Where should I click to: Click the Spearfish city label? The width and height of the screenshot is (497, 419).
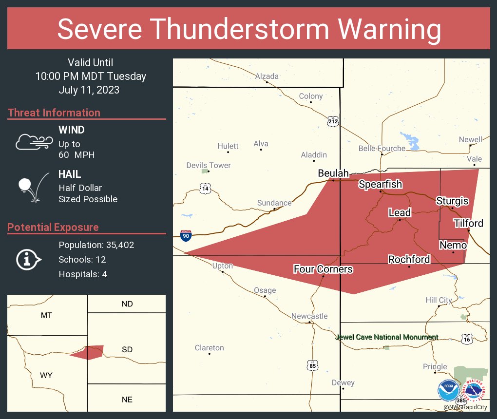(x=381, y=184)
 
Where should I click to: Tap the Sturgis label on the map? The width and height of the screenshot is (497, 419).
(x=452, y=201)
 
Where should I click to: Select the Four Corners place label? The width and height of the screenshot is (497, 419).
(x=323, y=269)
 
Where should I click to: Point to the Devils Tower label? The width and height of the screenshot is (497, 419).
(x=209, y=166)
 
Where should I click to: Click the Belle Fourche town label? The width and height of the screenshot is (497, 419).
(x=382, y=149)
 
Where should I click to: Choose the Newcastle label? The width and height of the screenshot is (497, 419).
(x=309, y=316)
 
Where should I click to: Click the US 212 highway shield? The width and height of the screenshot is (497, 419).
(x=333, y=121)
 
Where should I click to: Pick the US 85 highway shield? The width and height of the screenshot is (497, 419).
(x=313, y=364)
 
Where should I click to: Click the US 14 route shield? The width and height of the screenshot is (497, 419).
(x=205, y=188)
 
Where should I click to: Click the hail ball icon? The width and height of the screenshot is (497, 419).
(x=25, y=185)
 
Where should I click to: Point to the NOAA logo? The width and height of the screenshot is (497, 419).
(x=448, y=390)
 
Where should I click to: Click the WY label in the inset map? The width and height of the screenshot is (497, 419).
(x=46, y=375)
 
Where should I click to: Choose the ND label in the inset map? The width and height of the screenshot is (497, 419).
(x=127, y=304)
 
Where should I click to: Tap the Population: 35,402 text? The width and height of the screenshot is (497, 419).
(x=96, y=245)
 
